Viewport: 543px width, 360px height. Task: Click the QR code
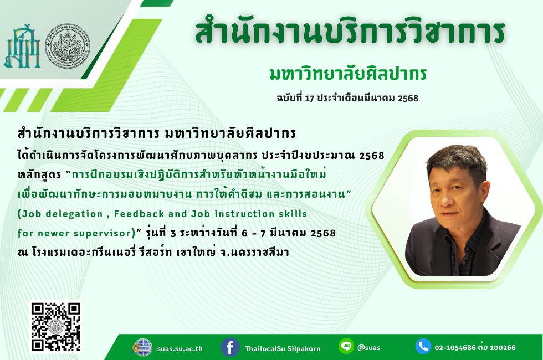click(x=56, y=327)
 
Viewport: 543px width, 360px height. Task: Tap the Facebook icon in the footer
click(x=230, y=347)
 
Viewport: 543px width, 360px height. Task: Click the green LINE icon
click(x=346, y=346)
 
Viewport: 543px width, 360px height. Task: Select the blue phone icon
click(x=423, y=346)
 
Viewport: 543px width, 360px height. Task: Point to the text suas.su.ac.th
click(x=180, y=349)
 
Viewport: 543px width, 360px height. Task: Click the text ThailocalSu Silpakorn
click(x=283, y=348)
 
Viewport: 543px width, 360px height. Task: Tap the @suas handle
click(x=368, y=347)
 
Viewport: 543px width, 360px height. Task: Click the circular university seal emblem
click(x=68, y=46)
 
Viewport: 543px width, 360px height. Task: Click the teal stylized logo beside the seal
click(x=22, y=47)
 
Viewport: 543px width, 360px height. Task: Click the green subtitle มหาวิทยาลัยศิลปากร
click(x=348, y=73)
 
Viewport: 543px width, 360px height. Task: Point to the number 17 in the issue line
click(x=309, y=99)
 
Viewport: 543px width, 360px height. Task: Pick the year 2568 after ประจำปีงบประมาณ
click(x=372, y=156)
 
